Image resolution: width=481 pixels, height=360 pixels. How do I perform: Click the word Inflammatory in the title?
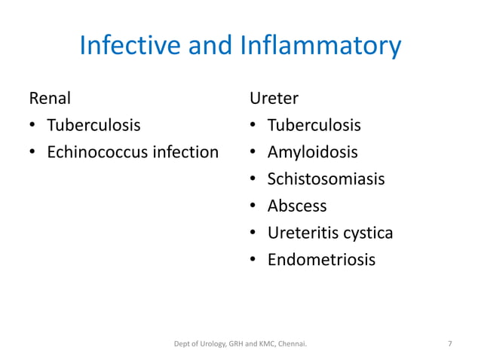[x=321, y=46]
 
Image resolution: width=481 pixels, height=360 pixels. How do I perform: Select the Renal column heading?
[x=50, y=98]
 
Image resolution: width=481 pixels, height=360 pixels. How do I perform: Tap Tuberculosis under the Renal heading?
[x=93, y=125]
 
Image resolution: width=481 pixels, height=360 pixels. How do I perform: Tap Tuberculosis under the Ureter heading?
[x=314, y=125]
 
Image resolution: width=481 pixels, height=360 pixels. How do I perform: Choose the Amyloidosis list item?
[x=312, y=152]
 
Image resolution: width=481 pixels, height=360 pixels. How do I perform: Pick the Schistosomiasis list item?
[x=326, y=179]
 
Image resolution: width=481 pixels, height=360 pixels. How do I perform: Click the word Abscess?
[x=297, y=206]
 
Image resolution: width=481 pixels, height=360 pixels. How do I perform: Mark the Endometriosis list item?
[x=320, y=260]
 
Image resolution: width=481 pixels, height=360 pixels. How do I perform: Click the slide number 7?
[x=450, y=344]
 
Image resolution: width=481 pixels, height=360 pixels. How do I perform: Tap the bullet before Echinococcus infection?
[x=32, y=153]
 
